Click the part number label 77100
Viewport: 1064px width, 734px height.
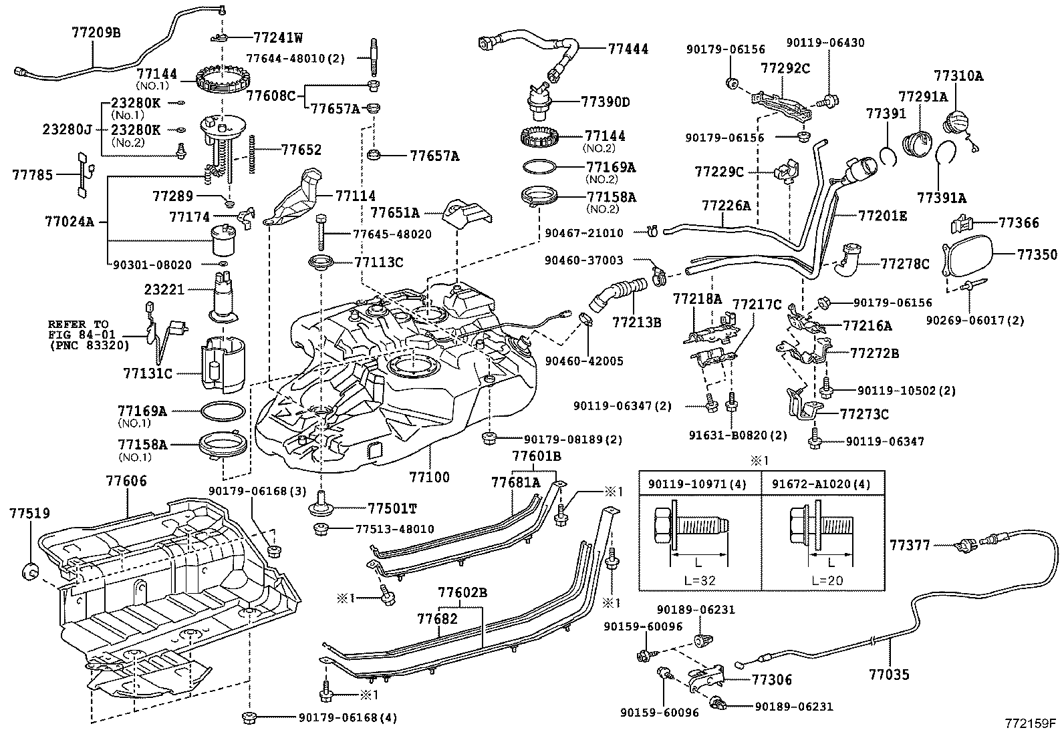[429, 478]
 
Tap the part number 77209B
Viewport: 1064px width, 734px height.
[96, 31]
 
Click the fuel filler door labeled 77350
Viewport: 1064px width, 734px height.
[966, 256]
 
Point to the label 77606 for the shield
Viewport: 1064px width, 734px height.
[126, 480]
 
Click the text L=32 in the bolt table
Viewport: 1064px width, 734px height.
[700, 580]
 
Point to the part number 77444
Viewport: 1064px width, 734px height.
[628, 49]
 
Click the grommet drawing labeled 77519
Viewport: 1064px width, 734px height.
[30, 572]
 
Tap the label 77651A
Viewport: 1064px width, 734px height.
[395, 213]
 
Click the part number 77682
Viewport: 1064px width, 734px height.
[437, 619]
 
